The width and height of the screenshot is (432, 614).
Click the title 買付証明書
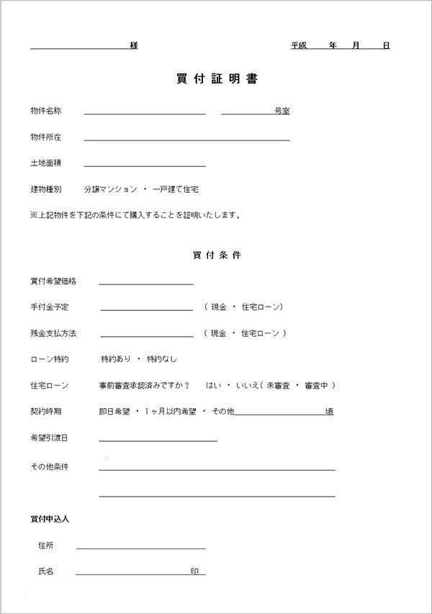[x=217, y=79]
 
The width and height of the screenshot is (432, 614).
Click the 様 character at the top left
[x=134, y=45]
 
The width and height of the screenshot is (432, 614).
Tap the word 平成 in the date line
[x=299, y=45]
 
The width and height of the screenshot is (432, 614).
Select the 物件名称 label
[x=45, y=111]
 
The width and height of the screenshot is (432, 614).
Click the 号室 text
[x=282, y=111]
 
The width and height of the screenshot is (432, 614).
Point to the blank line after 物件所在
[x=186, y=139]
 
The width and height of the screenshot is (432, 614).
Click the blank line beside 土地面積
[x=145, y=165]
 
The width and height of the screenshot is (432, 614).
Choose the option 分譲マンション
[x=110, y=189]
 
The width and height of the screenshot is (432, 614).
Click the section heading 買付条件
[x=217, y=255]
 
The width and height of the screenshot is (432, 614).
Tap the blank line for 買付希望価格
[x=146, y=284]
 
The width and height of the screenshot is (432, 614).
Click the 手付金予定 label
[x=50, y=307]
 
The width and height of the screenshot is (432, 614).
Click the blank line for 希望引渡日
[x=158, y=440]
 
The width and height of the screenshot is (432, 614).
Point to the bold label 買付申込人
[x=50, y=518]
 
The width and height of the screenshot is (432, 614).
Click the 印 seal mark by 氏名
[x=194, y=571]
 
